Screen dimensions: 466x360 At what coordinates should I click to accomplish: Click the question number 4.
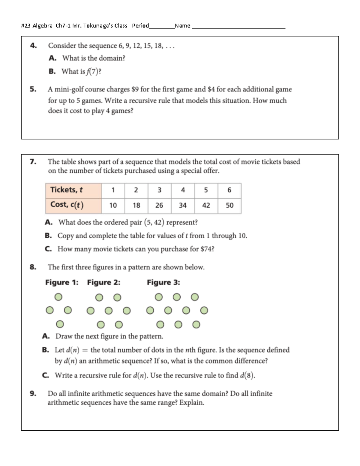click(x=33, y=46)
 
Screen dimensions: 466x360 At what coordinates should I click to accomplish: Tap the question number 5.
click(x=33, y=89)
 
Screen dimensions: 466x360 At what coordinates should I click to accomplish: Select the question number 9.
click(x=33, y=393)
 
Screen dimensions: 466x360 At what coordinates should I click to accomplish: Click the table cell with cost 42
click(x=206, y=206)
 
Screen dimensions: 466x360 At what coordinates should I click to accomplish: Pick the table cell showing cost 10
click(x=113, y=206)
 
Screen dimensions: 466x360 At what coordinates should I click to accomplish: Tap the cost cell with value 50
click(x=229, y=206)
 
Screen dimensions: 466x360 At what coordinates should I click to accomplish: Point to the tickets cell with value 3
click(x=159, y=190)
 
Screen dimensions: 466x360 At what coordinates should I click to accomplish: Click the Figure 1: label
click(x=62, y=282)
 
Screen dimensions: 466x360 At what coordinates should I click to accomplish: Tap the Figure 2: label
click(x=103, y=282)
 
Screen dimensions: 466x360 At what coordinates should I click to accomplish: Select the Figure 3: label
click(x=163, y=282)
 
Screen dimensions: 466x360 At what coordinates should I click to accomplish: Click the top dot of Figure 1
click(x=58, y=297)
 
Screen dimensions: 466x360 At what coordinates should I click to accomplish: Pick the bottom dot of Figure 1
click(x=60, y=324)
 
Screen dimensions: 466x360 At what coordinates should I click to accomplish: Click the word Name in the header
click(x=182, y=26)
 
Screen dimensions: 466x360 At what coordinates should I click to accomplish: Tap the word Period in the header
click(x=140, y=26)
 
